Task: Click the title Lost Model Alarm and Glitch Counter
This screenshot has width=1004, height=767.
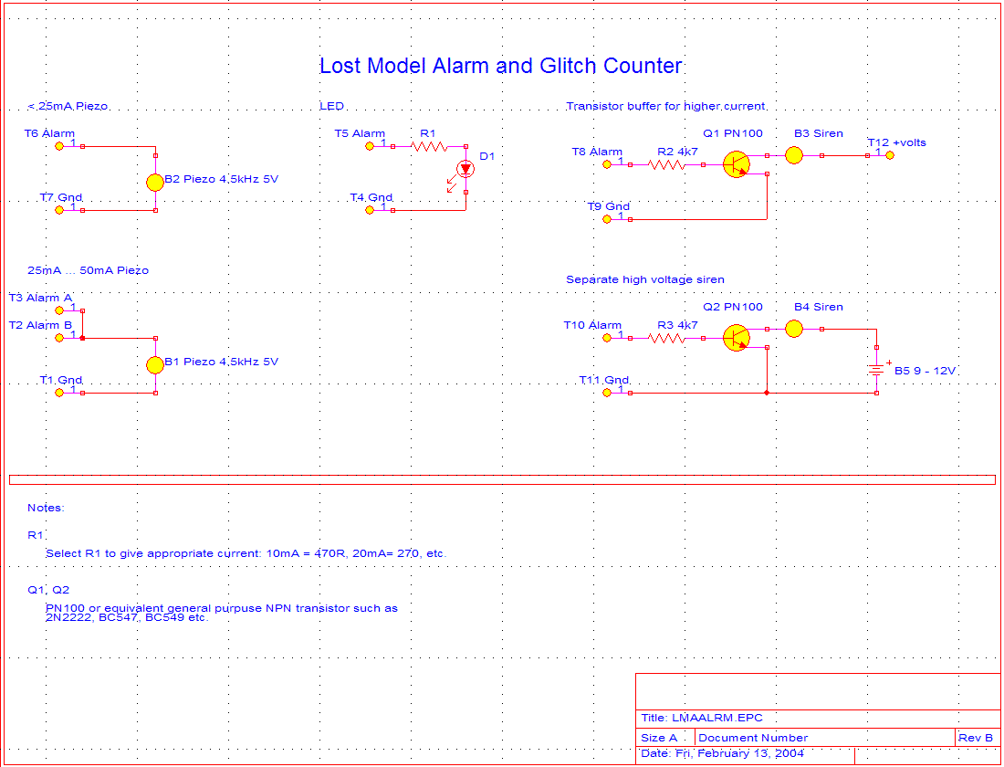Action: [500, 67]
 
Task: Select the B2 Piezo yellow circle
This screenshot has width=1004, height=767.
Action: [155, 182]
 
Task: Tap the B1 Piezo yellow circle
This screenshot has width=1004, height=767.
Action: [155, 364]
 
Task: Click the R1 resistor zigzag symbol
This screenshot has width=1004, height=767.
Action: [429, 146]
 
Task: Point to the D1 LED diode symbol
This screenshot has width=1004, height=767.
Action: [465, 169]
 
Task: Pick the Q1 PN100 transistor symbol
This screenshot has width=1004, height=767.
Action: [736, 164]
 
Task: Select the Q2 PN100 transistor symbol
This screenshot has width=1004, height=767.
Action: [736, 338]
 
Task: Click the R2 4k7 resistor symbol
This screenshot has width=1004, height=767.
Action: [666, 164]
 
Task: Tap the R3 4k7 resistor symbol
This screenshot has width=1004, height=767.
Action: [666, 338]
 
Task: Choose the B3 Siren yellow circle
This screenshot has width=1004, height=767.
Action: [794, 155]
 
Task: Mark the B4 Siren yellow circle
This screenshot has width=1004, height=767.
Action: [794, 329]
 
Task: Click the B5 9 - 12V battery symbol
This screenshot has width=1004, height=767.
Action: [876, 370]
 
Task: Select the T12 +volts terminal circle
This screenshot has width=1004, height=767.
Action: [890, 155]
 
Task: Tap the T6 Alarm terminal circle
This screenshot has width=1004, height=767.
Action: [59, 146]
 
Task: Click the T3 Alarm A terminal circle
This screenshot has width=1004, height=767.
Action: [59, 310]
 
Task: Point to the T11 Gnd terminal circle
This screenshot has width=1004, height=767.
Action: [608, 393]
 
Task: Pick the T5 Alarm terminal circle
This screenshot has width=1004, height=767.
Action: [370, 146]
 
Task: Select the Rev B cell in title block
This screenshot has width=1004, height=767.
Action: [976, 738]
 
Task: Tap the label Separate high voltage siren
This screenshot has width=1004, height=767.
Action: [645, 279]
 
